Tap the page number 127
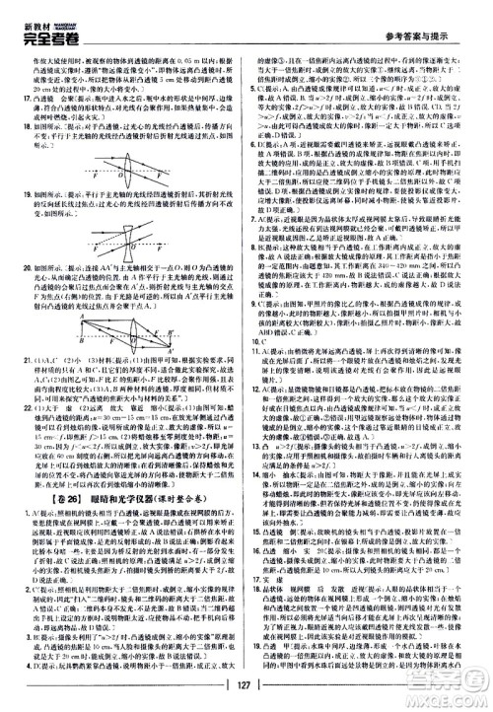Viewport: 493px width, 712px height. [246, 688]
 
